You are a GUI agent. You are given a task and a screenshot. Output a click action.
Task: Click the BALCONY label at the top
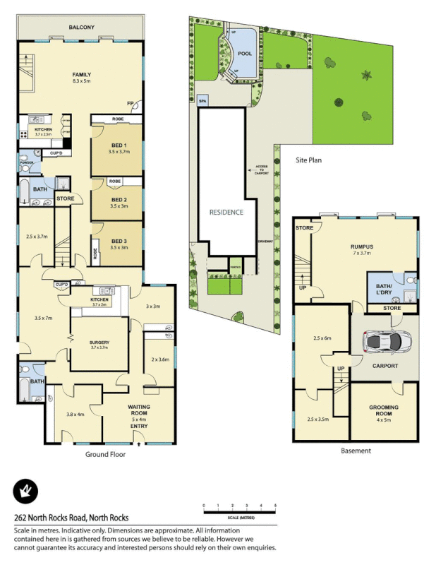[82, 28]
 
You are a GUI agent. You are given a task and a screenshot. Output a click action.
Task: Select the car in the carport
[383, 343]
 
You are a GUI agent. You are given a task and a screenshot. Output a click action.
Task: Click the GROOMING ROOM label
[384, 410]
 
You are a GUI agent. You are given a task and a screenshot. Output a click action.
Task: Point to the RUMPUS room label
[362, 247]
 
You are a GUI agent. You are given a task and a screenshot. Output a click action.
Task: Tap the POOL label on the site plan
[245, 53]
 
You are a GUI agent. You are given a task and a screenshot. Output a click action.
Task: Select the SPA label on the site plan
[203, 102]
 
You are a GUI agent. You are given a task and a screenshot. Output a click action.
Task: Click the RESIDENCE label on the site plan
[226, 212]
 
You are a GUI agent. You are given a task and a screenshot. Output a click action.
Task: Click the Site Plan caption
[308, 160]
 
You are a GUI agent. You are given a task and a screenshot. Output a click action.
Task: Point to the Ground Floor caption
[106, 454]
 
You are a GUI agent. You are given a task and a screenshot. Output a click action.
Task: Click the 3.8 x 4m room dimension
[75, 415]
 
